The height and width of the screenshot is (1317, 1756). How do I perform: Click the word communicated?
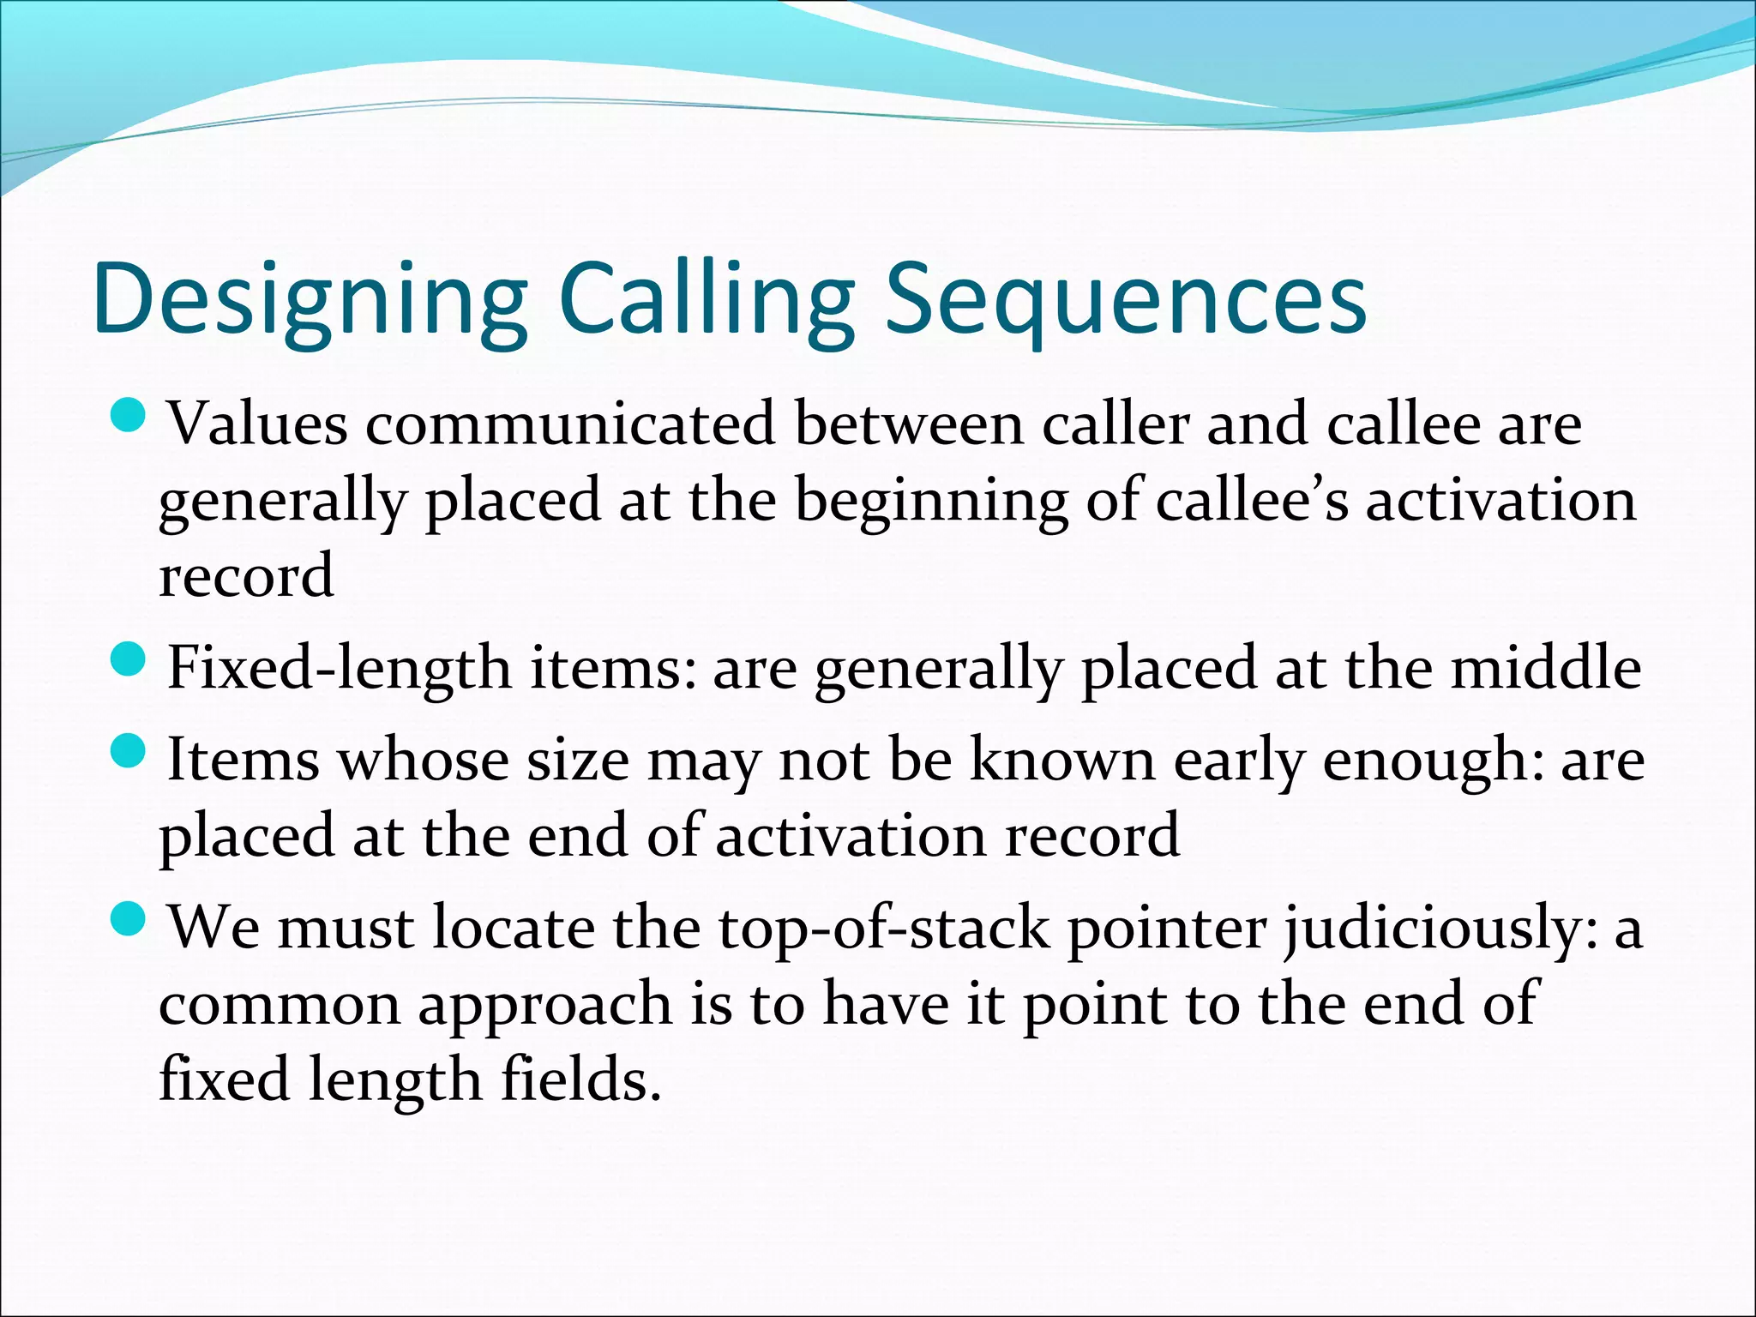(569, 425)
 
